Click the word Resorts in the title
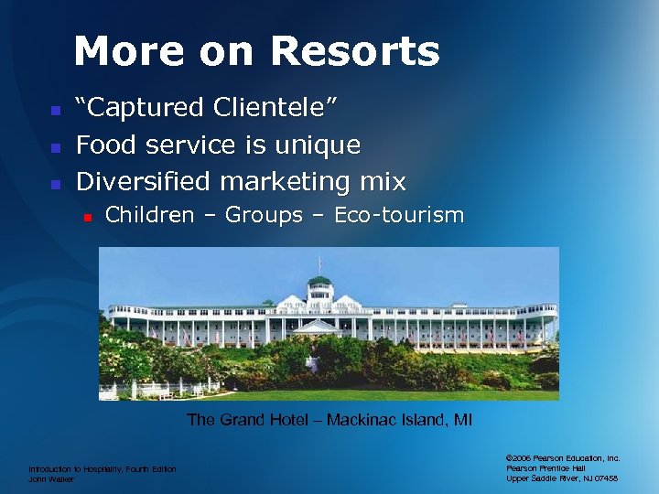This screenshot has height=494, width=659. [x=354, y=52]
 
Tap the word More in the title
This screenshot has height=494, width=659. [x=119, y=52]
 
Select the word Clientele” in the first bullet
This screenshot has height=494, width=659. [x=275, y=108]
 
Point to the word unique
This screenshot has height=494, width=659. [x=320, y=145]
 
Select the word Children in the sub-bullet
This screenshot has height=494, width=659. [x=150, y=216]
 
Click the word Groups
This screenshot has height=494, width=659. [x=264, y=216]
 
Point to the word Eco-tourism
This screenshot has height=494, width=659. [x=399, y=216]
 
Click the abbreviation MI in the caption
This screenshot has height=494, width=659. [x=463, y=421]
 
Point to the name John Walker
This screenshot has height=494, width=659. [x=50, y=478]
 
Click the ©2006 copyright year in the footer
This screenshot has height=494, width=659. [x=520, y=457]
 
